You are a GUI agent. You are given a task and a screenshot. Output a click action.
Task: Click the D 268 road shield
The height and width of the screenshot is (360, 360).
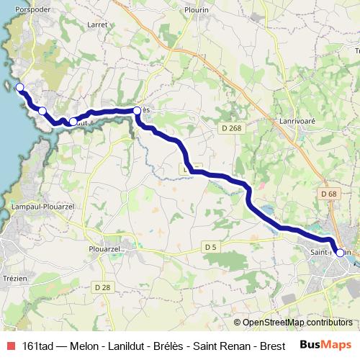228,126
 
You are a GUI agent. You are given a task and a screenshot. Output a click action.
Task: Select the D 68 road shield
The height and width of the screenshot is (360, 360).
329,194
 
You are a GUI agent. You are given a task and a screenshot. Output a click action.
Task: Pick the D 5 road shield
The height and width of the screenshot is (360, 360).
210,247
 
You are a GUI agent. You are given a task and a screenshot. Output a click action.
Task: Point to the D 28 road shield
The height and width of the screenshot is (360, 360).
102,287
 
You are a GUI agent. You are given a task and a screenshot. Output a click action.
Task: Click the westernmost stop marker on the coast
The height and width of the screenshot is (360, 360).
19,88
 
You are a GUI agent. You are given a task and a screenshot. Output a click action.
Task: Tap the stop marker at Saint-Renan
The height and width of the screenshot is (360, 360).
340,253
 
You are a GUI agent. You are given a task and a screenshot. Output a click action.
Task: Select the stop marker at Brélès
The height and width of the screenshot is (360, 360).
137,110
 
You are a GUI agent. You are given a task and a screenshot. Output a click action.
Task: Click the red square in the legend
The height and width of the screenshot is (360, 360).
9,345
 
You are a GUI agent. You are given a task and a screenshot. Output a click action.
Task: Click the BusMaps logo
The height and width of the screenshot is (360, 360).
325,345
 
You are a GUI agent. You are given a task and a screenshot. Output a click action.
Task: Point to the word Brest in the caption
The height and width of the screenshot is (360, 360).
270,346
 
